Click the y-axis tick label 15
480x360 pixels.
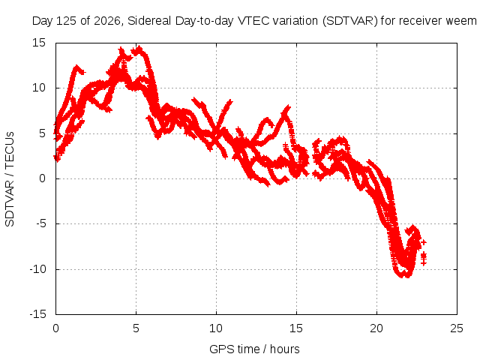[x=39, y=43]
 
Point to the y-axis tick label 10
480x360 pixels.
[x=39, y=88]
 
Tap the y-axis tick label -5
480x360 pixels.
[x=41, y=223]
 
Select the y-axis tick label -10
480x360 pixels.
[x=38, y=269]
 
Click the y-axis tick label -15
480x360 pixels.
[x=38, y=314]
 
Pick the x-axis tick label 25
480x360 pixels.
[x=457, y=328]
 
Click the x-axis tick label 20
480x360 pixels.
[x=376, y=328]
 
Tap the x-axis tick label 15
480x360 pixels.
[x=296, y=328]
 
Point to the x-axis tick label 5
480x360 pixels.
[x=136, y=328]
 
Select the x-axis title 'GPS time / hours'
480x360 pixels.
[x=254, y=349]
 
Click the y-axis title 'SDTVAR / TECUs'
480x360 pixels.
[x=10, y=179]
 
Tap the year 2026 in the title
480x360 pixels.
[x=107, y=21]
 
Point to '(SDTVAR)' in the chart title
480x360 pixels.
[x=349, y=21]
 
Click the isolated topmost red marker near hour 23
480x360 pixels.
[x=424, y=242]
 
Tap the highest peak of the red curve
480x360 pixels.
[x=139, y=48]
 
